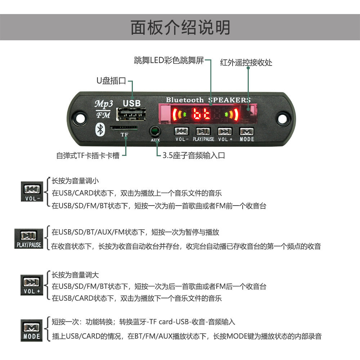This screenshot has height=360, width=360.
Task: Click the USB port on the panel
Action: (x=131, y=114)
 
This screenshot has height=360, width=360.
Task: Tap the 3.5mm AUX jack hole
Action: (x=155, y=130)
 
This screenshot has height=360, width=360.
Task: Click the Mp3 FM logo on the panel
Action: (x=104, y=109)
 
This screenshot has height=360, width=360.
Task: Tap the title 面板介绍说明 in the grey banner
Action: (x=180, y=27)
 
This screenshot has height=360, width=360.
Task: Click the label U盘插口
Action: (x=111, y=81)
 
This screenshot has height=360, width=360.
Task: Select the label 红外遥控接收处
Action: (x=246, y=63)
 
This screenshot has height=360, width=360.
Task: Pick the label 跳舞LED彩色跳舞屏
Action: (x=168, y=60)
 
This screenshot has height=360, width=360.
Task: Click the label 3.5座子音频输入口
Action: (x=194, y=156)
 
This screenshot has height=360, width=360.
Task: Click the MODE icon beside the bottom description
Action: (x=32, y=331)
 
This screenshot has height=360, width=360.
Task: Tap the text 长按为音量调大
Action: (x=75, y=275)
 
